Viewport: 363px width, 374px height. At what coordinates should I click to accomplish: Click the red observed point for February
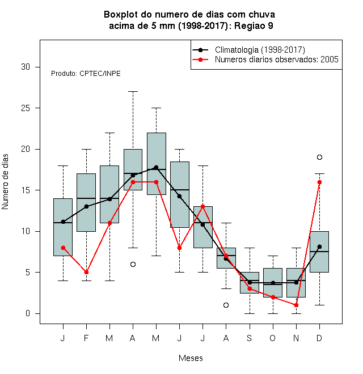tap(86, 272)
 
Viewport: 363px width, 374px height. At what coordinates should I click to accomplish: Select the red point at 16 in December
tap(319, 182)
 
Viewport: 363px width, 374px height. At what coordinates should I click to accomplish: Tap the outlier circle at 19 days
tap(319, 157)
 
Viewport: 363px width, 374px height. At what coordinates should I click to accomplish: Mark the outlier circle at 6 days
tap(133, 264)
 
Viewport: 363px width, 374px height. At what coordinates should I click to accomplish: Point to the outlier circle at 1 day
tap(226, 305)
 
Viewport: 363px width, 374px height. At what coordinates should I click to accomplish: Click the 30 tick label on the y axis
tap(26, 67)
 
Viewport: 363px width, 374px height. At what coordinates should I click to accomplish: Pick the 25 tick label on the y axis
tap(26, 108)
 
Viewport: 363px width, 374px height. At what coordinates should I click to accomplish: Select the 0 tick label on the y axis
tap(28, 313)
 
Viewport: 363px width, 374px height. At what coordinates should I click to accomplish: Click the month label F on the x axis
tap(86, 338)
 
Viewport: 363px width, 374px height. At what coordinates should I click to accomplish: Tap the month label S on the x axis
tap(250, 338)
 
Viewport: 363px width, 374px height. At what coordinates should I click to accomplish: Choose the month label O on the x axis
tap(272, 338)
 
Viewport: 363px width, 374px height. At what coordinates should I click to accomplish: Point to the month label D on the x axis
tap(319, 338)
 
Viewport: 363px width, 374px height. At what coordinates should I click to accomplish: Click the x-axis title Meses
tap(191, 358)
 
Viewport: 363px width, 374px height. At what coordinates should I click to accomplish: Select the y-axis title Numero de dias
tap(5, 182)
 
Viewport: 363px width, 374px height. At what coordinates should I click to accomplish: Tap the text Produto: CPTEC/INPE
tap(86, 74)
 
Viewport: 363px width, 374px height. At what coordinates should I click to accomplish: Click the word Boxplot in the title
tap(121, 15)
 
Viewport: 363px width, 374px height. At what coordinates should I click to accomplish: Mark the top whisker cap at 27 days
tap(133, 91)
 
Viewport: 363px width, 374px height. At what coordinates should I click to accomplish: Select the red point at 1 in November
tap(297, 305)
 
